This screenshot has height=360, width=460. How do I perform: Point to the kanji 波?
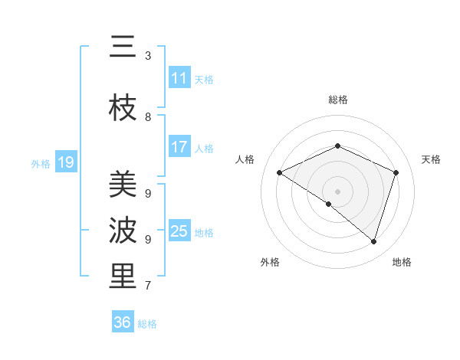point(123,231)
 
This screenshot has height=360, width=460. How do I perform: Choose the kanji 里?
point(123,277)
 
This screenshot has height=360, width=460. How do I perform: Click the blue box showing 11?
point(179,78)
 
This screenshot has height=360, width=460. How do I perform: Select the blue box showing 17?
point(179,147)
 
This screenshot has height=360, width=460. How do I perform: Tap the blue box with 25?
point(179,231)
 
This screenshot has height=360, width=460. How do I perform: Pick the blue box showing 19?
point(65,162)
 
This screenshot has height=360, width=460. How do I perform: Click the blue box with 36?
point(122,322)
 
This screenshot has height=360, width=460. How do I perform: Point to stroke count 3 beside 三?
point(148,56)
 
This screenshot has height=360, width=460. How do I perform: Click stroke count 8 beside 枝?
point(148,117)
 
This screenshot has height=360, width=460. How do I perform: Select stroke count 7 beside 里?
point(148,286)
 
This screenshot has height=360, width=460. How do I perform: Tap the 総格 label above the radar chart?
point(338,100)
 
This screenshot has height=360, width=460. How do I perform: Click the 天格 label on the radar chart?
point(431,159)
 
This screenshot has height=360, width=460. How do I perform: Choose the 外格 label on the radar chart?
point(270,262)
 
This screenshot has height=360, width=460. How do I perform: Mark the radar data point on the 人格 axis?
point(280,172)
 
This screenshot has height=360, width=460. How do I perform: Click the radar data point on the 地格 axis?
point(374,241)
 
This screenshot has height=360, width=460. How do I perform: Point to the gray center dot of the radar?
point(337,191)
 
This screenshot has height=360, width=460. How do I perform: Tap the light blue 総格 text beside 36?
point(147,324)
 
